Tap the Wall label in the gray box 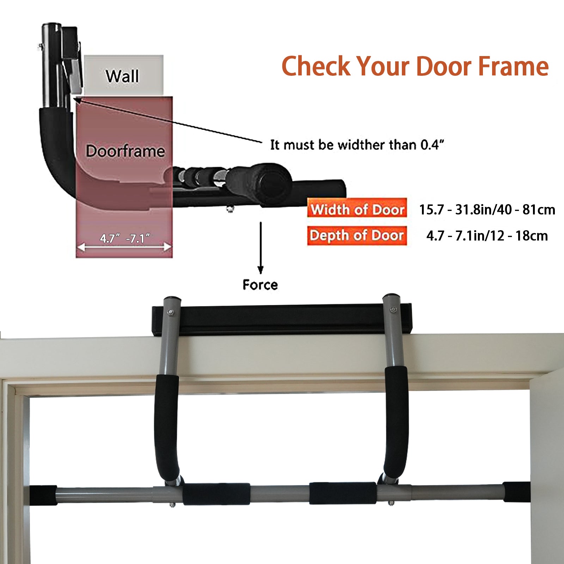(x=122, y=76)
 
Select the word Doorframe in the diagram (x=125, y=151)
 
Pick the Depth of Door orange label (x=357, y=235)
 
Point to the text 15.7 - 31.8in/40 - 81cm (x=487, y=210)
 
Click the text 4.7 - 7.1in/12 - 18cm (x=487, y=236)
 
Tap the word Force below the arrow (x=260, y=284)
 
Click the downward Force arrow (x=260, y=248)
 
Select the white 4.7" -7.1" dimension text (x=125, y=239)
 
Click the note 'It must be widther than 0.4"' (x=357, y=145)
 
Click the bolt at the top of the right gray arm (x=393, y=310)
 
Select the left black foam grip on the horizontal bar (x=216, y=494)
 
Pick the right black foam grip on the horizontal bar (x=343, y=493)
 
